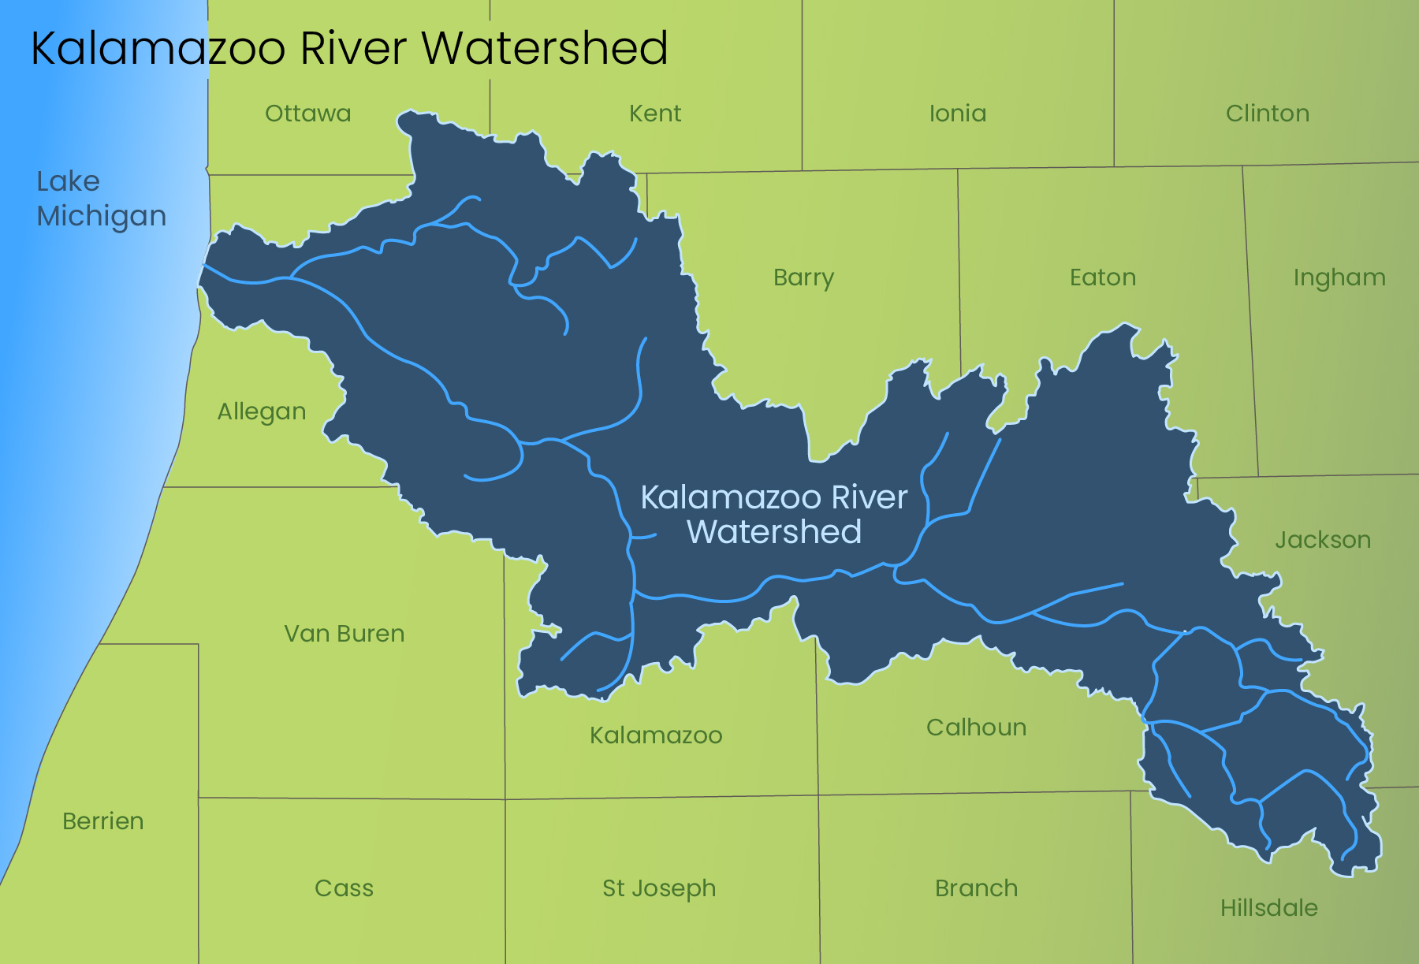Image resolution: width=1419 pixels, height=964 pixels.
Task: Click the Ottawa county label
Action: tap(307, 114)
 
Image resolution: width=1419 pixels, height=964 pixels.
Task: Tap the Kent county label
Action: tap(655, 114)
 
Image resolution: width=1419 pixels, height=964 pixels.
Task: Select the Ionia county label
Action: tap(958, 114)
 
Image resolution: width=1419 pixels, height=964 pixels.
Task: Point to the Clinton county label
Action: tap(1268, 114)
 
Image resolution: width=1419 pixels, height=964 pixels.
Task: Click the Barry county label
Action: tap(803, 278)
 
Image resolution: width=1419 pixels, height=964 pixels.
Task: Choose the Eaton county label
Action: tap(1103, 277)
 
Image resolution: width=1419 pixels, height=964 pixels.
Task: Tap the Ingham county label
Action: tap(1339, 278)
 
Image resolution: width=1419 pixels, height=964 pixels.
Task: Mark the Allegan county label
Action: tap(262, 412)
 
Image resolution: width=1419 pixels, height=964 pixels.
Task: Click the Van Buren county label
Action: tap(345, 634)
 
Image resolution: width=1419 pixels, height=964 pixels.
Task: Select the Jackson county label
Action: tap(1323, 540)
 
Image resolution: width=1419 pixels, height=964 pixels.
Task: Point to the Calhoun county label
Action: tap(976, 728)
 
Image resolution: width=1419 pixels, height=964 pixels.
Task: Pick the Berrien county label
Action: tap(103, 821)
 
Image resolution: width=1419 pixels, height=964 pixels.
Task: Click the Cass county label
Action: tap(344, 888)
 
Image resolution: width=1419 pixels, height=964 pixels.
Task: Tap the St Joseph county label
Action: tap(659, 889)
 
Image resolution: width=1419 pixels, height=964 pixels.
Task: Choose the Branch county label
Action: tap(976, 888)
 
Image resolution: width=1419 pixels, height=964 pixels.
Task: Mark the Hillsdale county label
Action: tap(1269, 908)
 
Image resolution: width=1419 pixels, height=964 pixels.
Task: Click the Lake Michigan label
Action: tap(101, 199)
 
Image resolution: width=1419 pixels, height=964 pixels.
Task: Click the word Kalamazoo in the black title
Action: tap(158, 49)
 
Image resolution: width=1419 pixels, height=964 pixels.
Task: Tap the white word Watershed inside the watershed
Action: tap(774, 532)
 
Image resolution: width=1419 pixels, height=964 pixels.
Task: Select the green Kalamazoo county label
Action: tap(656, 735)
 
